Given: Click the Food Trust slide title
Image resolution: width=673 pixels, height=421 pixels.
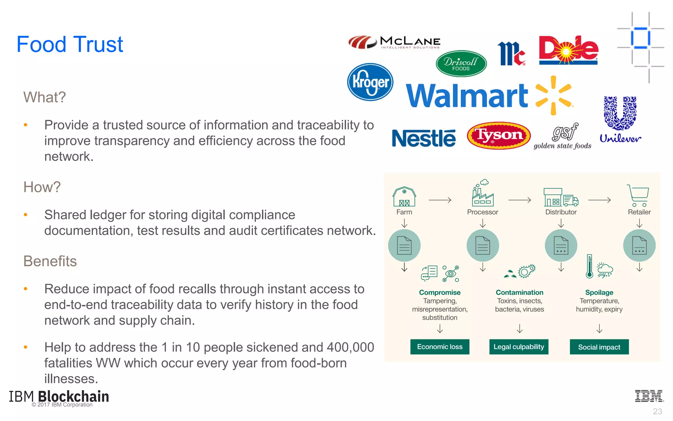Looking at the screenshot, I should pos(70,44).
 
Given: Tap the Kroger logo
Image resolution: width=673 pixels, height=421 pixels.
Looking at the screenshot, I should pos(370,82).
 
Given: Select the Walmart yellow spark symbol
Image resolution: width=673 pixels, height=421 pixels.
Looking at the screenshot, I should pos(554,95).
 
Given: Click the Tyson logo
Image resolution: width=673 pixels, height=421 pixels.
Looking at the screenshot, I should pos(499,136).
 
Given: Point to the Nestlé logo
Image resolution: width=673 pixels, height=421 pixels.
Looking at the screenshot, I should pos(424,138).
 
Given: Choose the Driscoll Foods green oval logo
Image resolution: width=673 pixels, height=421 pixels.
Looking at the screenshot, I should pos(461,63).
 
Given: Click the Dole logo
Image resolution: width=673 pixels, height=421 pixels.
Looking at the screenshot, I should pos(568,50).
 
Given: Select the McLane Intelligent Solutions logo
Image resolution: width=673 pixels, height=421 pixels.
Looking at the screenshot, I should pos(395,42).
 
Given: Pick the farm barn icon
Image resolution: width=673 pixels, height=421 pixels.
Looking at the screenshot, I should pos(404,197).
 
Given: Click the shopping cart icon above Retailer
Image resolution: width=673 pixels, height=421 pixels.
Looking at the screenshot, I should pos(638,195).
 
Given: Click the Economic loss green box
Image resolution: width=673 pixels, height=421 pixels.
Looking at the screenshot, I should pos(440,347).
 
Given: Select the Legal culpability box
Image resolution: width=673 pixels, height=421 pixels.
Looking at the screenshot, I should pos(519,347).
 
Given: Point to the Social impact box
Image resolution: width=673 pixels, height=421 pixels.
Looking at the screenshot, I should pos(599,347).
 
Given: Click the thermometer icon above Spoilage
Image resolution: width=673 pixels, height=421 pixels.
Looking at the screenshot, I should pos(590,266).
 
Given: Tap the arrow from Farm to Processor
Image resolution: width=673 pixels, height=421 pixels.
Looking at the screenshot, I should pos(440,200).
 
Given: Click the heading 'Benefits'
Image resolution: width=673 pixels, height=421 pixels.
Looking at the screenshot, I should pos(50,261).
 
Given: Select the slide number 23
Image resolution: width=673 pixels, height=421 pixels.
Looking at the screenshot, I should pos(657,411).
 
